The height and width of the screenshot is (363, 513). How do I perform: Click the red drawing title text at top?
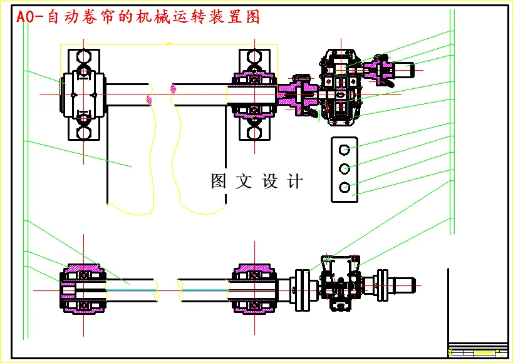[138, 17]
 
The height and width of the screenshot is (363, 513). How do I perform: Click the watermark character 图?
[219, 181]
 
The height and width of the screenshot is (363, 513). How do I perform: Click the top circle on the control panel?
[344, 150]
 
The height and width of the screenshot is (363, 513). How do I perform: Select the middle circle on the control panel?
[344, 168]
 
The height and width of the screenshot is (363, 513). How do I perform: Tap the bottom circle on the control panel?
[344, 187]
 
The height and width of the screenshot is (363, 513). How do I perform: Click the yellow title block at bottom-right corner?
[477, 350]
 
